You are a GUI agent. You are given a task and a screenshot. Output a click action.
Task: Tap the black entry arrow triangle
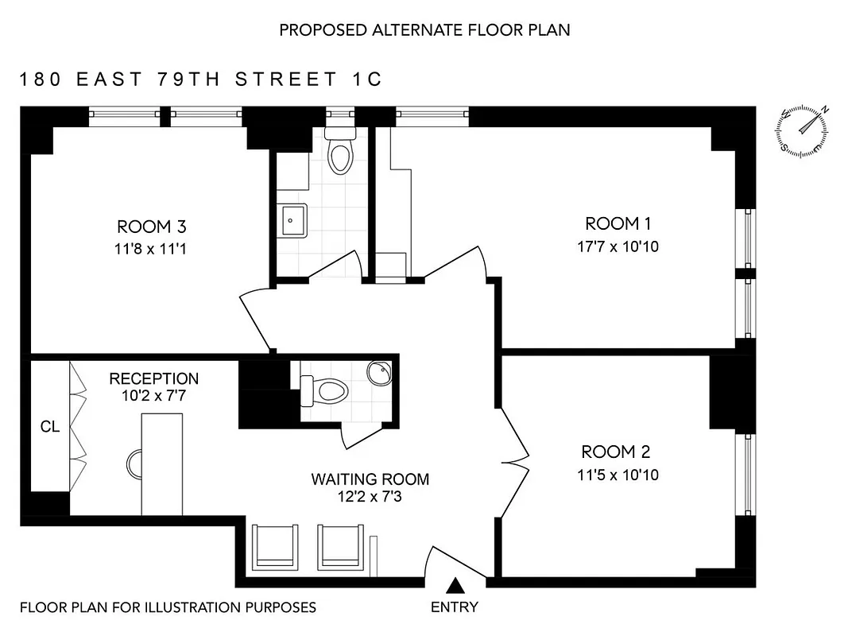[454, 588]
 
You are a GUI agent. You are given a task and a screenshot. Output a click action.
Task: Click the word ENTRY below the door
[454, 607]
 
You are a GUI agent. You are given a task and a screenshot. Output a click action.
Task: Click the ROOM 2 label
[616, 452]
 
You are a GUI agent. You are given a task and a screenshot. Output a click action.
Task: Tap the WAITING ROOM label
[370, 479]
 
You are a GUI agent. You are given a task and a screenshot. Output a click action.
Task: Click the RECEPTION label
[154, 378]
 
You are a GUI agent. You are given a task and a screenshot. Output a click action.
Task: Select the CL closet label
[49, 427]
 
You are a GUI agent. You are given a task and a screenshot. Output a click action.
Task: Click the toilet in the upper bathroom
[341, 151]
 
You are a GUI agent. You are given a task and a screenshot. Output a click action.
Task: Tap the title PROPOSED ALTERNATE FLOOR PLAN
[424, 30]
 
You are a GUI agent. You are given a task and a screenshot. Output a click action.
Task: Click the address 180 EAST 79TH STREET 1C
[201, 79]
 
